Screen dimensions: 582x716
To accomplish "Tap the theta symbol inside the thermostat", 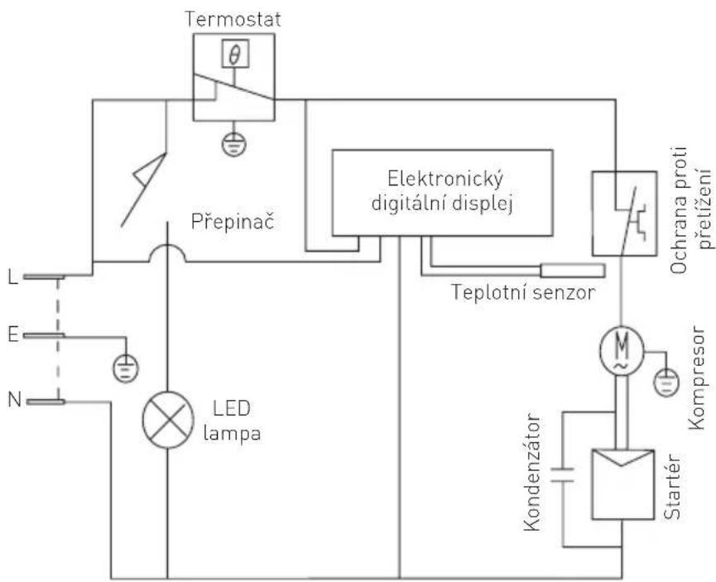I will (233, 56).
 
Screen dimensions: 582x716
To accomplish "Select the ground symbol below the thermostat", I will (233, 144).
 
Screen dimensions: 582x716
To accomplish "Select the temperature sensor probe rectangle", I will (572, 271).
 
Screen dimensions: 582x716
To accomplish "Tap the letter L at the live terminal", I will (11, 253).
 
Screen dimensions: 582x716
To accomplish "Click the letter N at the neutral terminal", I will (11, 379).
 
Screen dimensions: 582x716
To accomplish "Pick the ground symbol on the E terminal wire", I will (125, 365).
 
